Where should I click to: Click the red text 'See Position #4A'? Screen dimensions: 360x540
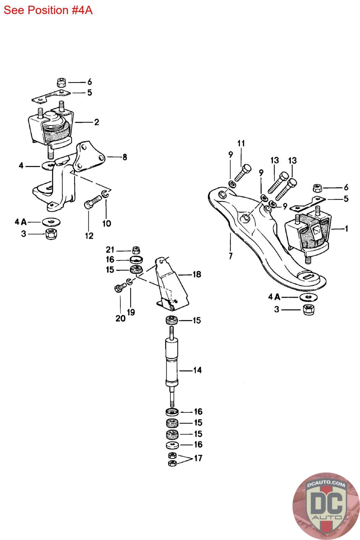pyautogui.click(x=48, y=10)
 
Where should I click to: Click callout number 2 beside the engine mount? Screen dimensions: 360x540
pyautogui.click(x=96, y=122)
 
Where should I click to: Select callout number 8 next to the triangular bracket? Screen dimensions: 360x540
pyautogui.click(x=124, y=157)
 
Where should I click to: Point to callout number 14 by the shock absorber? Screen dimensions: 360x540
pyautogui.click(x=197, y=370)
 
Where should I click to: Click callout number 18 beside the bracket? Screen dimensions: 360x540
pyautogui.click(x=197, y=274)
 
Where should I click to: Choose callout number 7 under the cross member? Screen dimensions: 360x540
pyautogui.click(x=230, y=256)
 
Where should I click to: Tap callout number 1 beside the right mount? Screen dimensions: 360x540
pyautogui.click(x=347, y=228)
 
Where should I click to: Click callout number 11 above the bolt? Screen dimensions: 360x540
pyautogui.click(x=241, y=143)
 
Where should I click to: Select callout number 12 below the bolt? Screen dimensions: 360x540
pyautogui.click(x=89, y=236)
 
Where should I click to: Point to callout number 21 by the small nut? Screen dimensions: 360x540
pyautogui.click(x=110, y=250)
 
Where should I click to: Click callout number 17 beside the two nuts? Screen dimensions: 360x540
pyautogui.click(x=198, y=458)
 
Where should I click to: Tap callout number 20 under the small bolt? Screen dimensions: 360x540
pyautogui.click(x=120, y=319)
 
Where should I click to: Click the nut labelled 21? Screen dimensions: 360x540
pyautogui.click(x=136, y=250)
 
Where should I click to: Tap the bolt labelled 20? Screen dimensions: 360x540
pyautogui.click(x=120, y=287)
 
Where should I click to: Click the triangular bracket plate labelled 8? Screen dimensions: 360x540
pyautogui.click(x=89, y=157)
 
